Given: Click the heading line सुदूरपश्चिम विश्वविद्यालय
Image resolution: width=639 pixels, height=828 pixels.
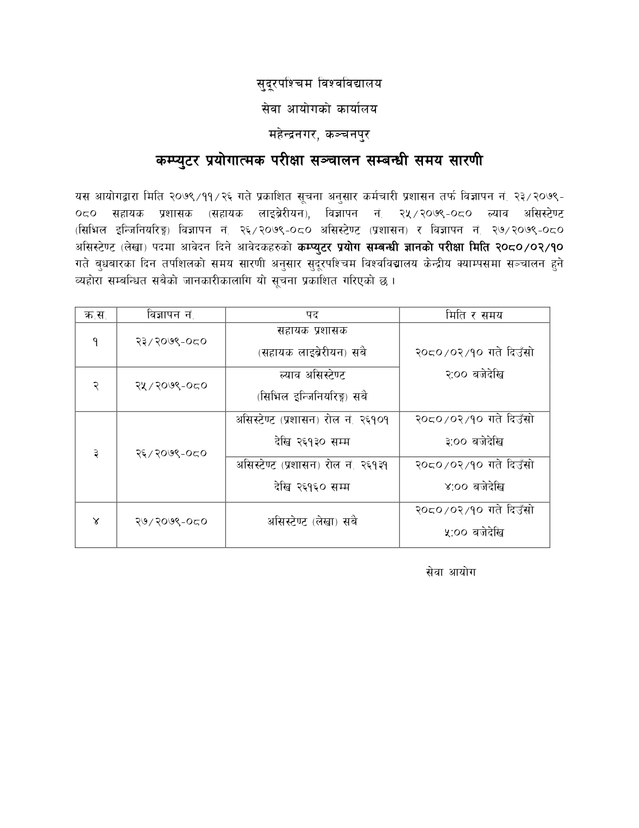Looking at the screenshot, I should (319, 84).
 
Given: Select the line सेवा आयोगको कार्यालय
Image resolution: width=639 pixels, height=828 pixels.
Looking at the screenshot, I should (319, 109).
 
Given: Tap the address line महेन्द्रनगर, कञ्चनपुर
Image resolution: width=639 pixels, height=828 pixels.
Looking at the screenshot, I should (319, 134).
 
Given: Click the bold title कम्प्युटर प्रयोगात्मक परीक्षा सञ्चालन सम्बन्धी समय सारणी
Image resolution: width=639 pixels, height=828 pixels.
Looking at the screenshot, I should (319, 161).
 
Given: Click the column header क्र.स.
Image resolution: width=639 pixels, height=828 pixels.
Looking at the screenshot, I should (96, 315).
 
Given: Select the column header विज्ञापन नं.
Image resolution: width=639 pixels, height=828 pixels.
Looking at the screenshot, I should (171, 315).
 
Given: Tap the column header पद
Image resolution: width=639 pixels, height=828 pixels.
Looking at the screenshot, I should (312, 315).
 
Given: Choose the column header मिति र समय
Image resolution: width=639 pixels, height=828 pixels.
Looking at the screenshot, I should (474, 315).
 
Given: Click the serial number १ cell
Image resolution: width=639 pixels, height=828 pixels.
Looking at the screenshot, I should (96, 342).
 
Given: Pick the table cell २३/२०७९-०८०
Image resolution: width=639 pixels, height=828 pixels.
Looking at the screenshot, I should (171, 342).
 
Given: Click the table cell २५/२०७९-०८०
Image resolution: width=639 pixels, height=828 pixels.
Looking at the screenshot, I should (171, 386).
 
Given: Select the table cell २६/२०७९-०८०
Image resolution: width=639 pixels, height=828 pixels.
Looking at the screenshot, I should (171, 454).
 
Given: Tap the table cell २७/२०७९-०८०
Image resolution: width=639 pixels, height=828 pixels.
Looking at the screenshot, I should (171, 522).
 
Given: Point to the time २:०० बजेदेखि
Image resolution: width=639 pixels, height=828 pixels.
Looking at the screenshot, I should (474, 375).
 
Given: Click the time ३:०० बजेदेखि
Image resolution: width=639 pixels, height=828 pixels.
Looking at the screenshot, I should (474, 442).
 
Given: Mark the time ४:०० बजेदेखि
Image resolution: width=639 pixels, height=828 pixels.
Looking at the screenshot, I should (474, 487).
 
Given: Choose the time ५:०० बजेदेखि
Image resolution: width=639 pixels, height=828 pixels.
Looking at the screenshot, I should (474, 532).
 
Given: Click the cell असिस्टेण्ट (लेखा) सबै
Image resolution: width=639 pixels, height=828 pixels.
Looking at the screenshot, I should (312, 522).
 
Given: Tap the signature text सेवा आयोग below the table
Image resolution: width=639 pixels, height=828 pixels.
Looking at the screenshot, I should (451, 572).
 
